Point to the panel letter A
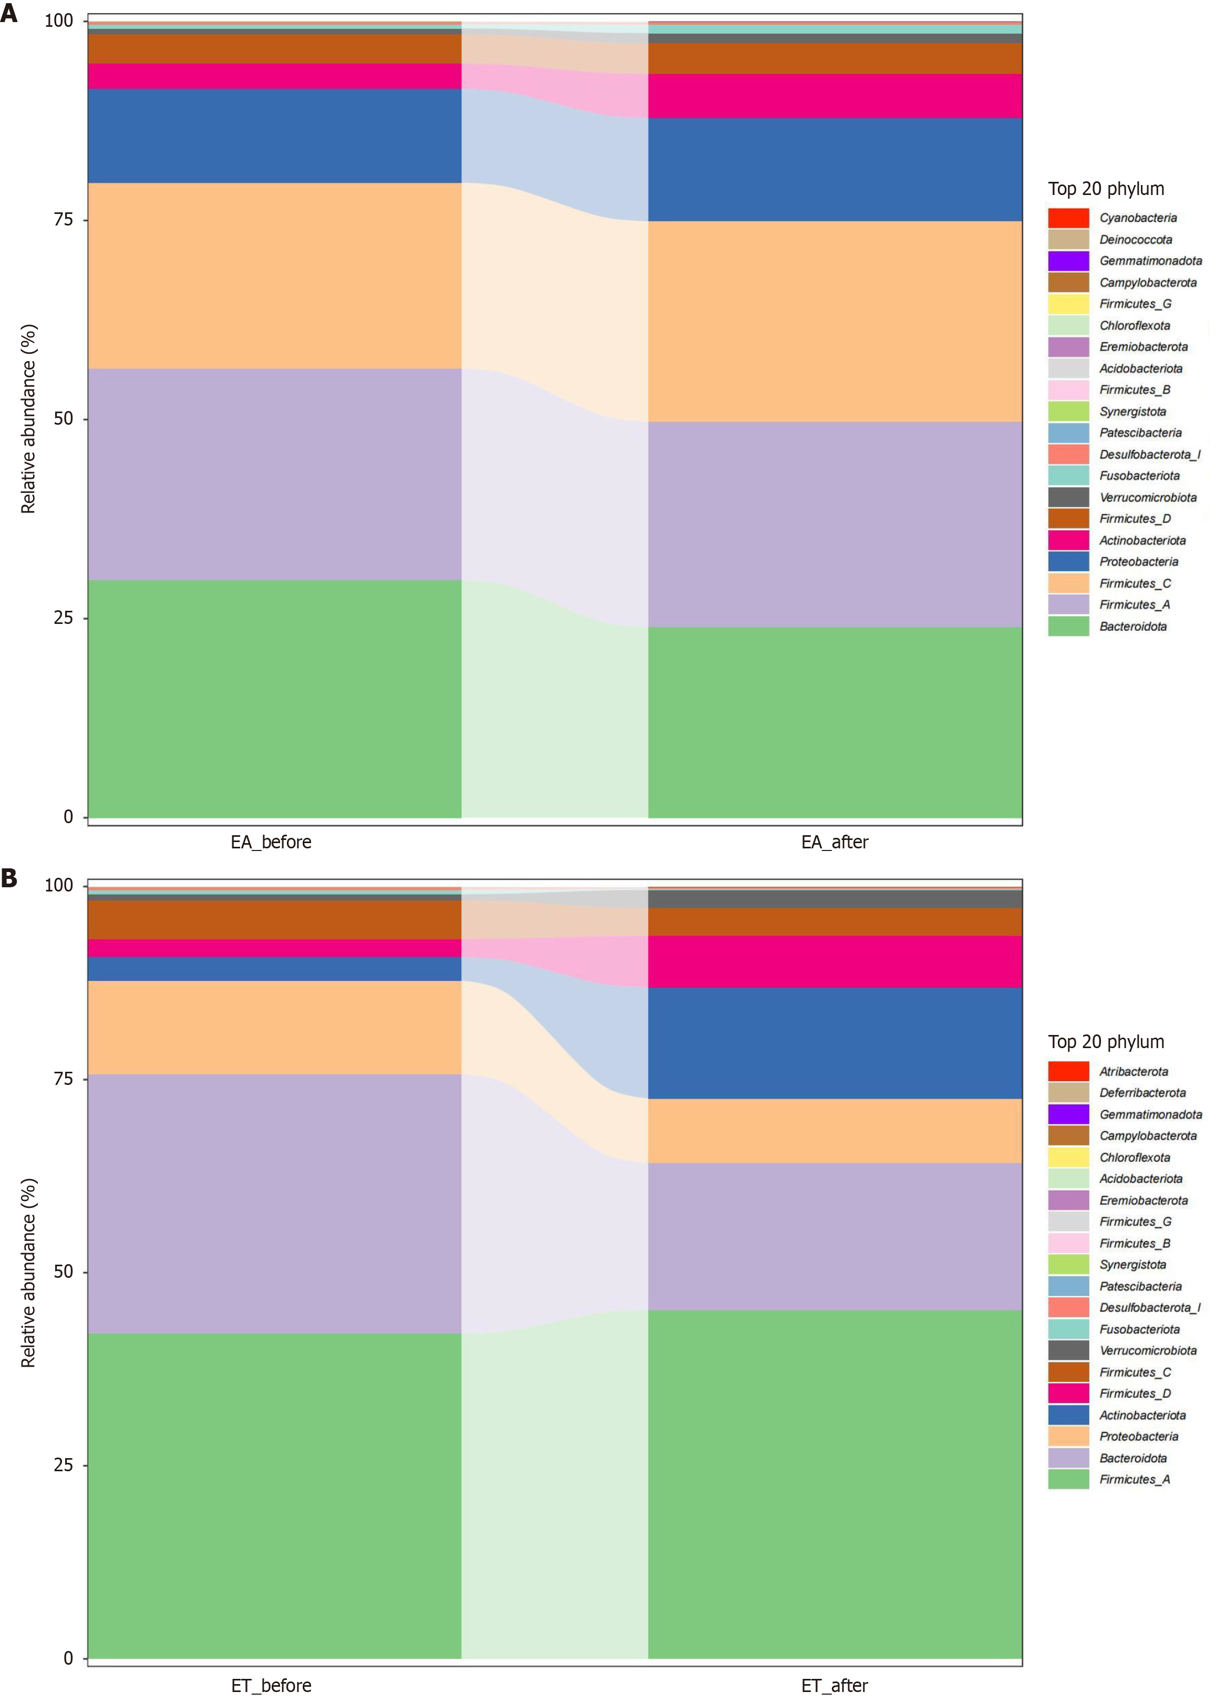coord(9,14)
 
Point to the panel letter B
coord(9,878)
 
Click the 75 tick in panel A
coord(63,219)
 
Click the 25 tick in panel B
coord(63,1464)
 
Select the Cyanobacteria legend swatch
coord(1068,218)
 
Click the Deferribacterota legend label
coord(1142,1092)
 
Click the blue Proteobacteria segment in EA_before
coord(274,136)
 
